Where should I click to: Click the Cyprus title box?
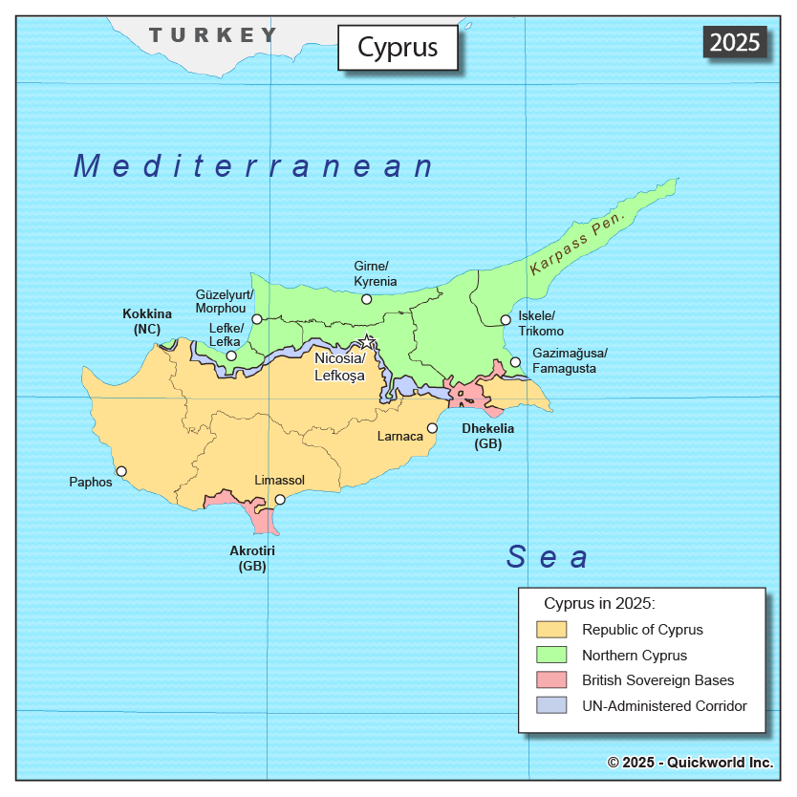click(x=398, y=48)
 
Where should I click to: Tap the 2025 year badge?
click(x=735, y=42)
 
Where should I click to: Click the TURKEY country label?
click(x=212, y=35)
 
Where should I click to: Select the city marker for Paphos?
click(x=121, y=471)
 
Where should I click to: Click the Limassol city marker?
click(x=280, y=500)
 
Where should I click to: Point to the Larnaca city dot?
click(x=432, y=428)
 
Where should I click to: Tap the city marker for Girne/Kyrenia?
click(x=366, y=299)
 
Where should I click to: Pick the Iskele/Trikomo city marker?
click(x=506, y=320)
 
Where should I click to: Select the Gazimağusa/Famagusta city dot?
click(x=515, y=362)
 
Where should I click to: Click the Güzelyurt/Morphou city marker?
click(x=256, y=319)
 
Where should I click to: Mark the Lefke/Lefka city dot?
click(x=231, y=355)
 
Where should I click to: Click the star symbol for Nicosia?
click(x=367, y=340)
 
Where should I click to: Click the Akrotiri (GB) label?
click(x=252, y=558)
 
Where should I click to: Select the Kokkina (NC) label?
click(x=147, y=321)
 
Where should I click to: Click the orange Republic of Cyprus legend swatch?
click(x=551, y=630)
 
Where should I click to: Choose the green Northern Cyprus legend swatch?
click(x=551, y=656)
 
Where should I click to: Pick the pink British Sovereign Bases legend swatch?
click(x=551, y=680)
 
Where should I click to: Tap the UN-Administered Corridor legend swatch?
click(x=551, y=706)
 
